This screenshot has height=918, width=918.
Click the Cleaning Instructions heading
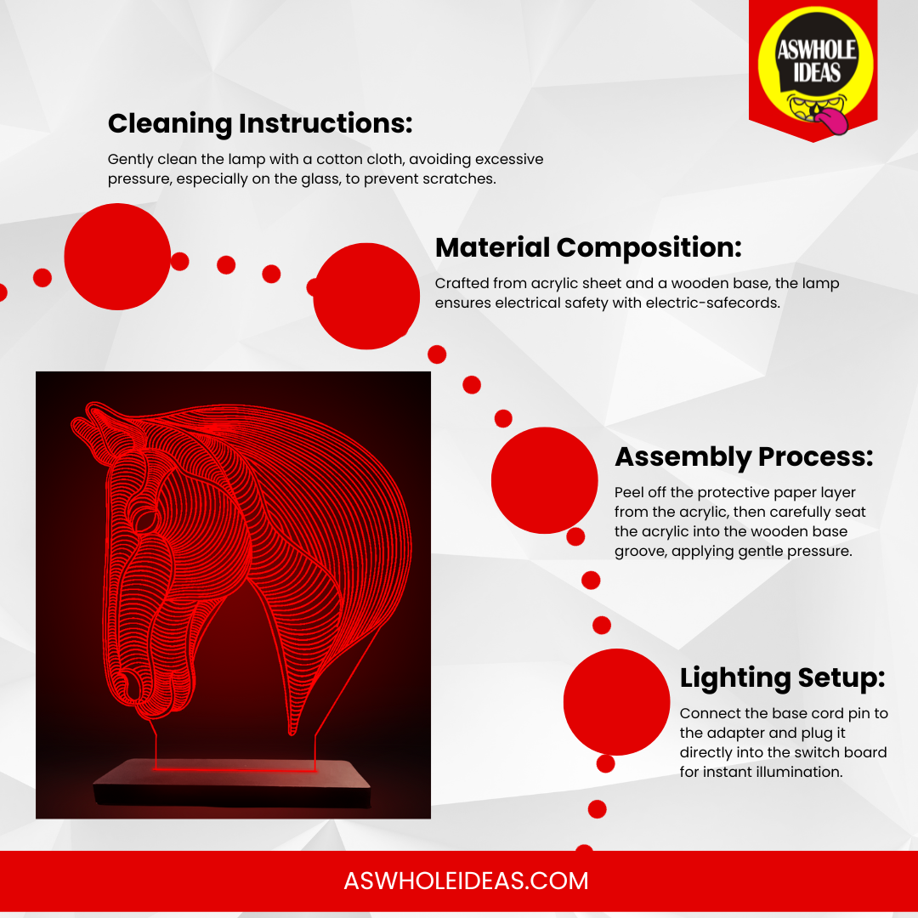pyautogui.click(x=260, y=123)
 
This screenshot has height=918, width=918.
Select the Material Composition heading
pyautogui.click(x=588, y=247)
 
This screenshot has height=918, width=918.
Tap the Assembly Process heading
pyautogui.click(x=744, y=456)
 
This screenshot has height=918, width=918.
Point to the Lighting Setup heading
pyautogui.click(x=782, y=678)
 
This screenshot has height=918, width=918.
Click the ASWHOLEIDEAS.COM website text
pyautogui.click(x=466, y=881)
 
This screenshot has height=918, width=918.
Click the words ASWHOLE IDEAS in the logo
pyautogui.click(x=816, y=61)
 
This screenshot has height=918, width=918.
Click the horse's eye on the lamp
pyautogui.click(x=145, y=519)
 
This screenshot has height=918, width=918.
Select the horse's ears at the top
pyautogui.click(x=99, y=428)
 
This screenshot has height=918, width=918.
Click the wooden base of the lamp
pyautogui.click(x=233, y=783)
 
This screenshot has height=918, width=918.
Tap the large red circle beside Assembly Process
pyautogui.click(x=545, y=480)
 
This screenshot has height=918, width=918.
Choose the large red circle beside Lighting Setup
pyautogui.click(x=616, y=701)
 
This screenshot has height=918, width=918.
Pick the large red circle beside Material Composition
pyautogui.click(x=366, y=297)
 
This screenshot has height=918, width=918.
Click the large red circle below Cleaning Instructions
pyautogui.click(x=117, y=257)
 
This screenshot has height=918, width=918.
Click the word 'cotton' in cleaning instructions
pyautogui.click(x=339, y=159)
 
